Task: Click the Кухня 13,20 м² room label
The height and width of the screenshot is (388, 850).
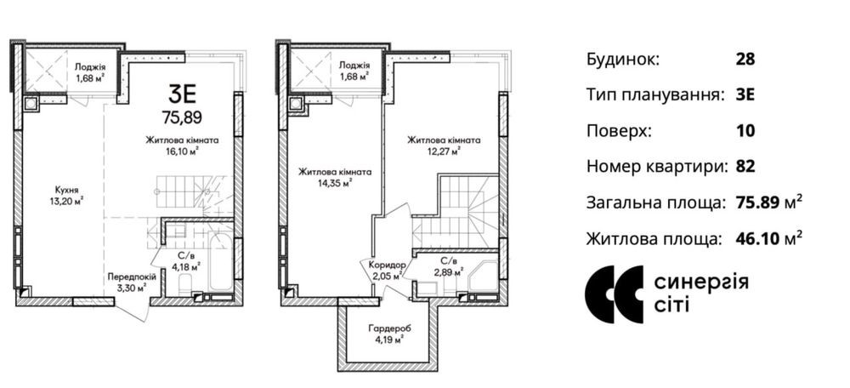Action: tap(67, 196)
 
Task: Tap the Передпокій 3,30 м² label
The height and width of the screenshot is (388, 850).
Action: tap(133, 282)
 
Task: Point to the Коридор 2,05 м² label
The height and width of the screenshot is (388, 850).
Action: tap(387, 270)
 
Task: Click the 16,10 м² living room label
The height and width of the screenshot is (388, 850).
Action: tap(182, 146)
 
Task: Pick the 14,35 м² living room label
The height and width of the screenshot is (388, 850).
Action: tap(334, 178)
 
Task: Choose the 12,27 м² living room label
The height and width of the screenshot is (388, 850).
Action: tap(444, 145)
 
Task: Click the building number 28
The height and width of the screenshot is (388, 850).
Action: tap(745, 60)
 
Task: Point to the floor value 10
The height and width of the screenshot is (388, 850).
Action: tap(745, 131)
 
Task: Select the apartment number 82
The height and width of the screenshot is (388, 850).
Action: tap(745, 167)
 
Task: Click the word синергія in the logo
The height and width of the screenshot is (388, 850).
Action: tap(701, 282)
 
